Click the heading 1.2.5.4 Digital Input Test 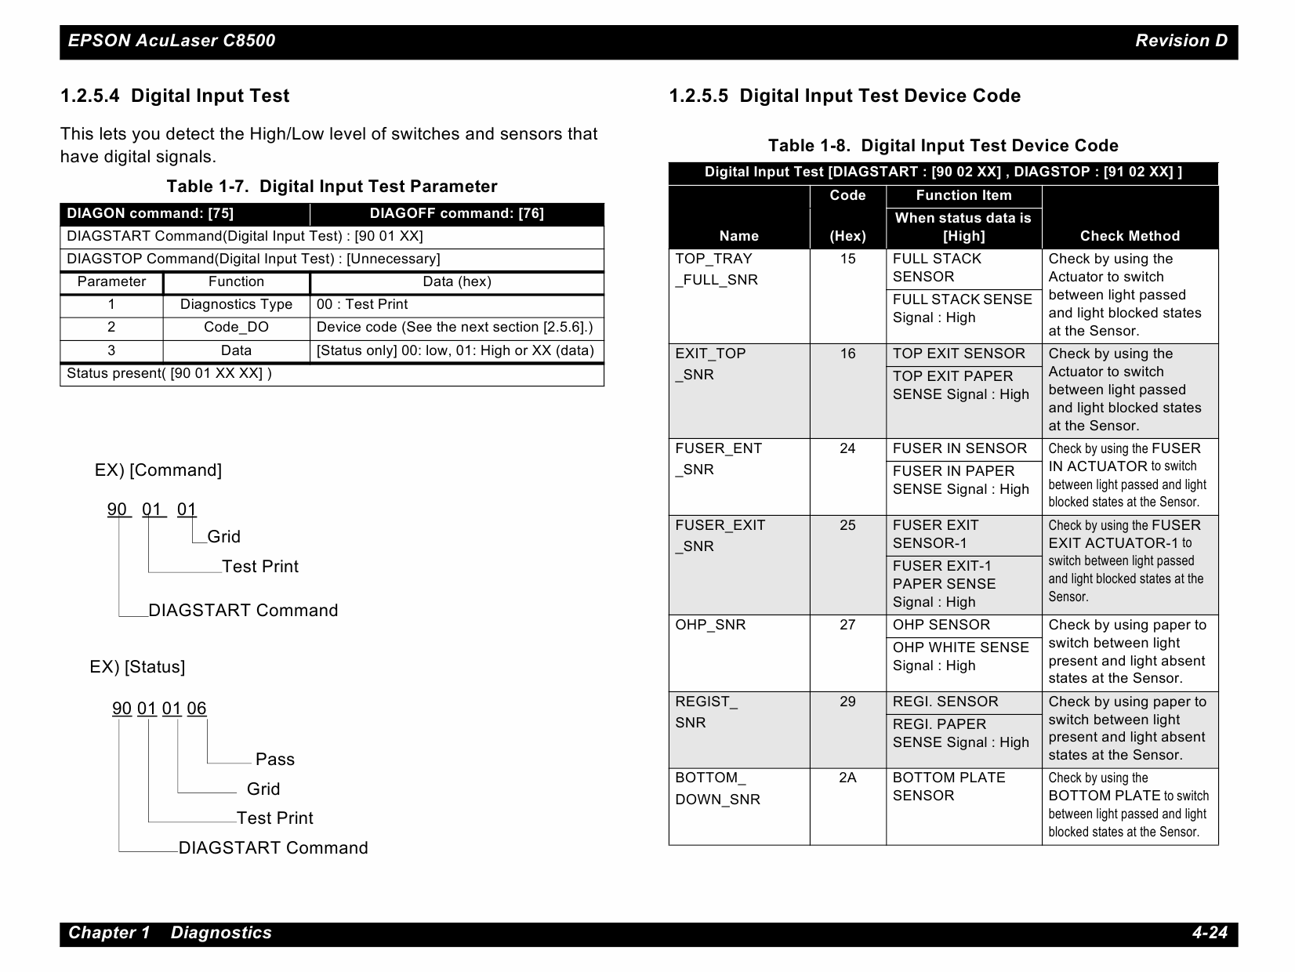click(x=175, y=96)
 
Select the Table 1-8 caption click(x=942, y=146)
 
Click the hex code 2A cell click(x=847, y=778)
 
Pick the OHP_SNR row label click(x=710, y=626)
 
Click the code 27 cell click(x=847, y=626)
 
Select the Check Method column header click(x=1129, y=236)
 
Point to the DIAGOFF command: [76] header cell click(x=456, y=214)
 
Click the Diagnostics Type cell click(x=236, y=305)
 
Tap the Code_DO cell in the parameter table click(x=236, y=328)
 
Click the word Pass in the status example click(x=275, y=760)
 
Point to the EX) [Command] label click(x=158, y=470)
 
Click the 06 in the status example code click(x=197, y=709)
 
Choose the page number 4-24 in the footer click(x=1209, y=933)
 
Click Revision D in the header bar click(x=1181, y=41)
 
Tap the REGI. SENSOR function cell click(x=945, y=702)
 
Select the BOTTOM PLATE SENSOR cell click(x=949, y=787)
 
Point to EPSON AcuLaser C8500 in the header click(x=172, y=41)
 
